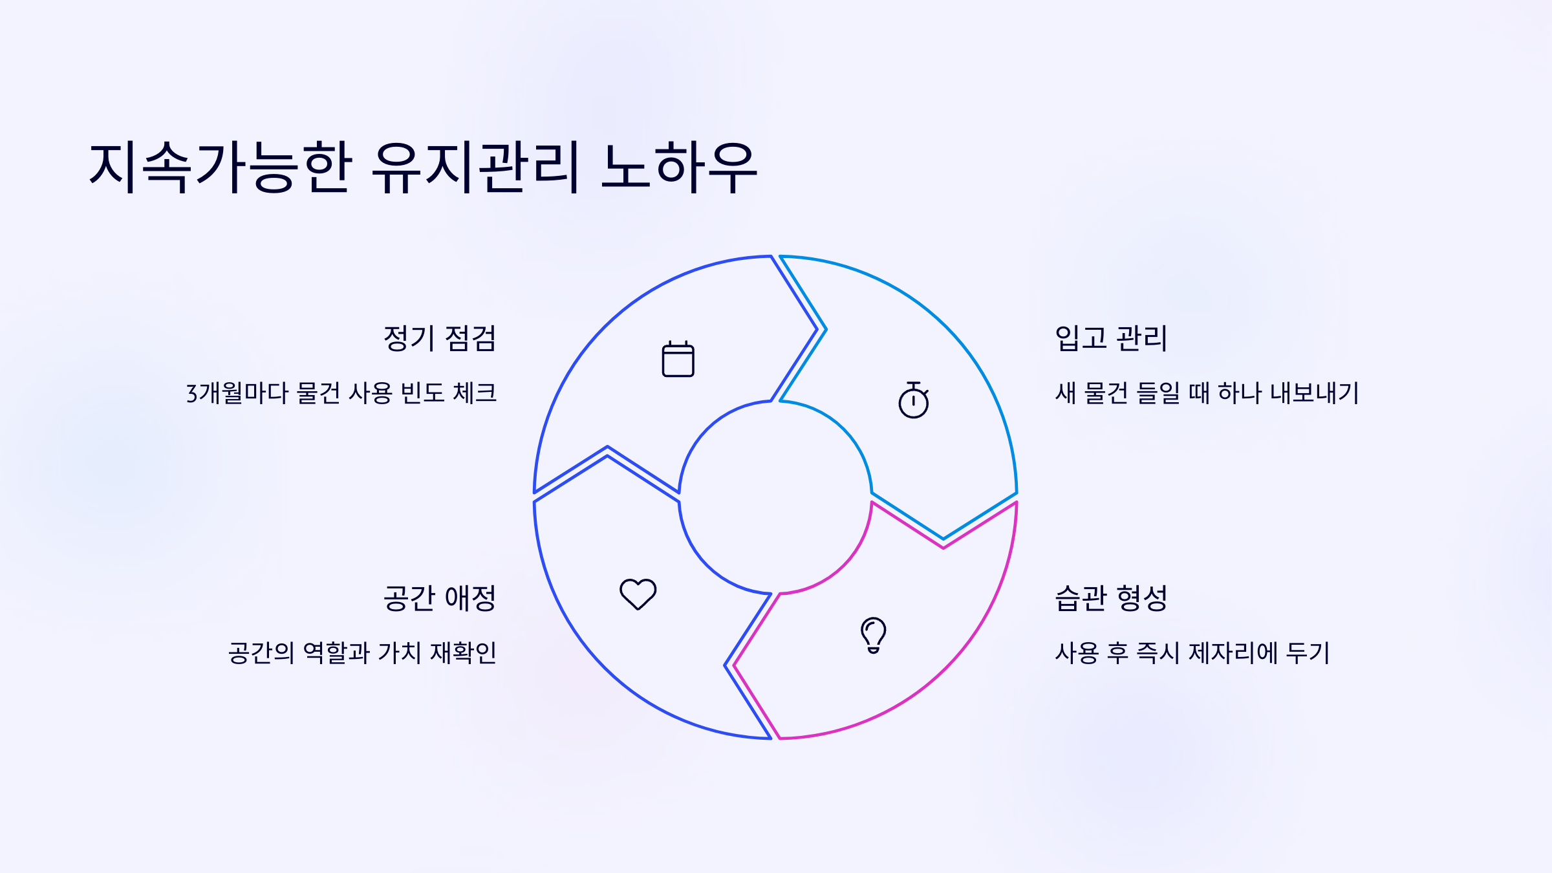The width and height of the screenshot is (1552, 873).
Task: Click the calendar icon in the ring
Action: click(x=678, y=359)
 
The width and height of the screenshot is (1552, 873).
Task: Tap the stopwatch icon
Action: click(x=913, y=400)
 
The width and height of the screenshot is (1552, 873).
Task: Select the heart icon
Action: click(x=638, y=594)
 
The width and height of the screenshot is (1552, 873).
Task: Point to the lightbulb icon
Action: click(x=873, y=634)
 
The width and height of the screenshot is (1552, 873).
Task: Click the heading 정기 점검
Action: click(x=440, y=338)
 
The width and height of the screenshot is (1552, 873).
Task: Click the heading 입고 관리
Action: click(x=1111, y=338)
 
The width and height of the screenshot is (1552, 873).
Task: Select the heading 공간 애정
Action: click(x=440, y=598)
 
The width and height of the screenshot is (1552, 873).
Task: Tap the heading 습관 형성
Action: click(x=1111, y=598)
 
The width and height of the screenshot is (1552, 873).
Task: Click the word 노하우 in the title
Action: click(x=679, y=168)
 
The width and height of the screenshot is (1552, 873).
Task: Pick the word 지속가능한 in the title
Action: click(x=221, y=168)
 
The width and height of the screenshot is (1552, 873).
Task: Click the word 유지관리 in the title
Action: click(x=475, y=168)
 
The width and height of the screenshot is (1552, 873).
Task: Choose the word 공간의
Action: click(x=261, y=653)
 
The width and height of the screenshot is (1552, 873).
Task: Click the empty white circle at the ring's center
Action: click(x=775, y=497)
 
